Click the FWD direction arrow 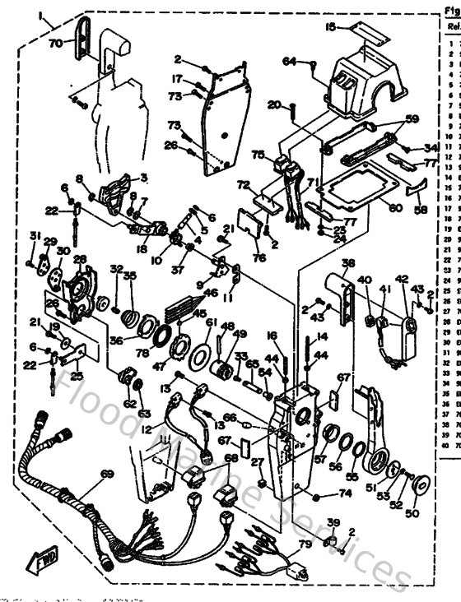[x=38, y=562]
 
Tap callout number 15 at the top [x=329, y=27]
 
